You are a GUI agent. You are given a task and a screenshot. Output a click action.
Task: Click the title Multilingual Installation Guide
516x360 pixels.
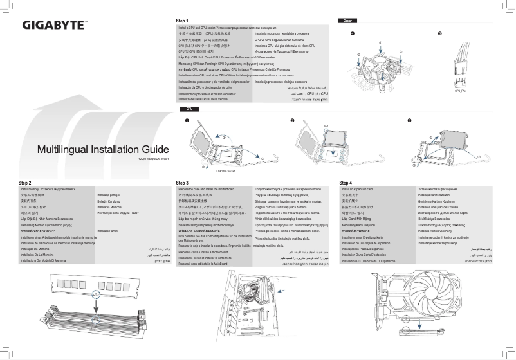click(x=103, y=150)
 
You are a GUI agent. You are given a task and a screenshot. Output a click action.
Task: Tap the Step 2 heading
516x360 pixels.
click(x=26, y=183)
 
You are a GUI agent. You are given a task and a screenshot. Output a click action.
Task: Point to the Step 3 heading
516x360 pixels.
click(x=182, y=183)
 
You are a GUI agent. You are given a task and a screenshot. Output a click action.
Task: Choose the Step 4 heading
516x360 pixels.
click(x=346, y=183)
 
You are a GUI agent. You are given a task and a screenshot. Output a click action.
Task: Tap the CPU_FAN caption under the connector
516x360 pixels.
click(x=461, y=91)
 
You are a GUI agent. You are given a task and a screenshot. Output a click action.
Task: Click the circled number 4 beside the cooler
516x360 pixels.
click(x=352, y=33)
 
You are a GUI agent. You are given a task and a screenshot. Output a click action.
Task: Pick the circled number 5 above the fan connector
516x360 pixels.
click(x=439, y=33)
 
